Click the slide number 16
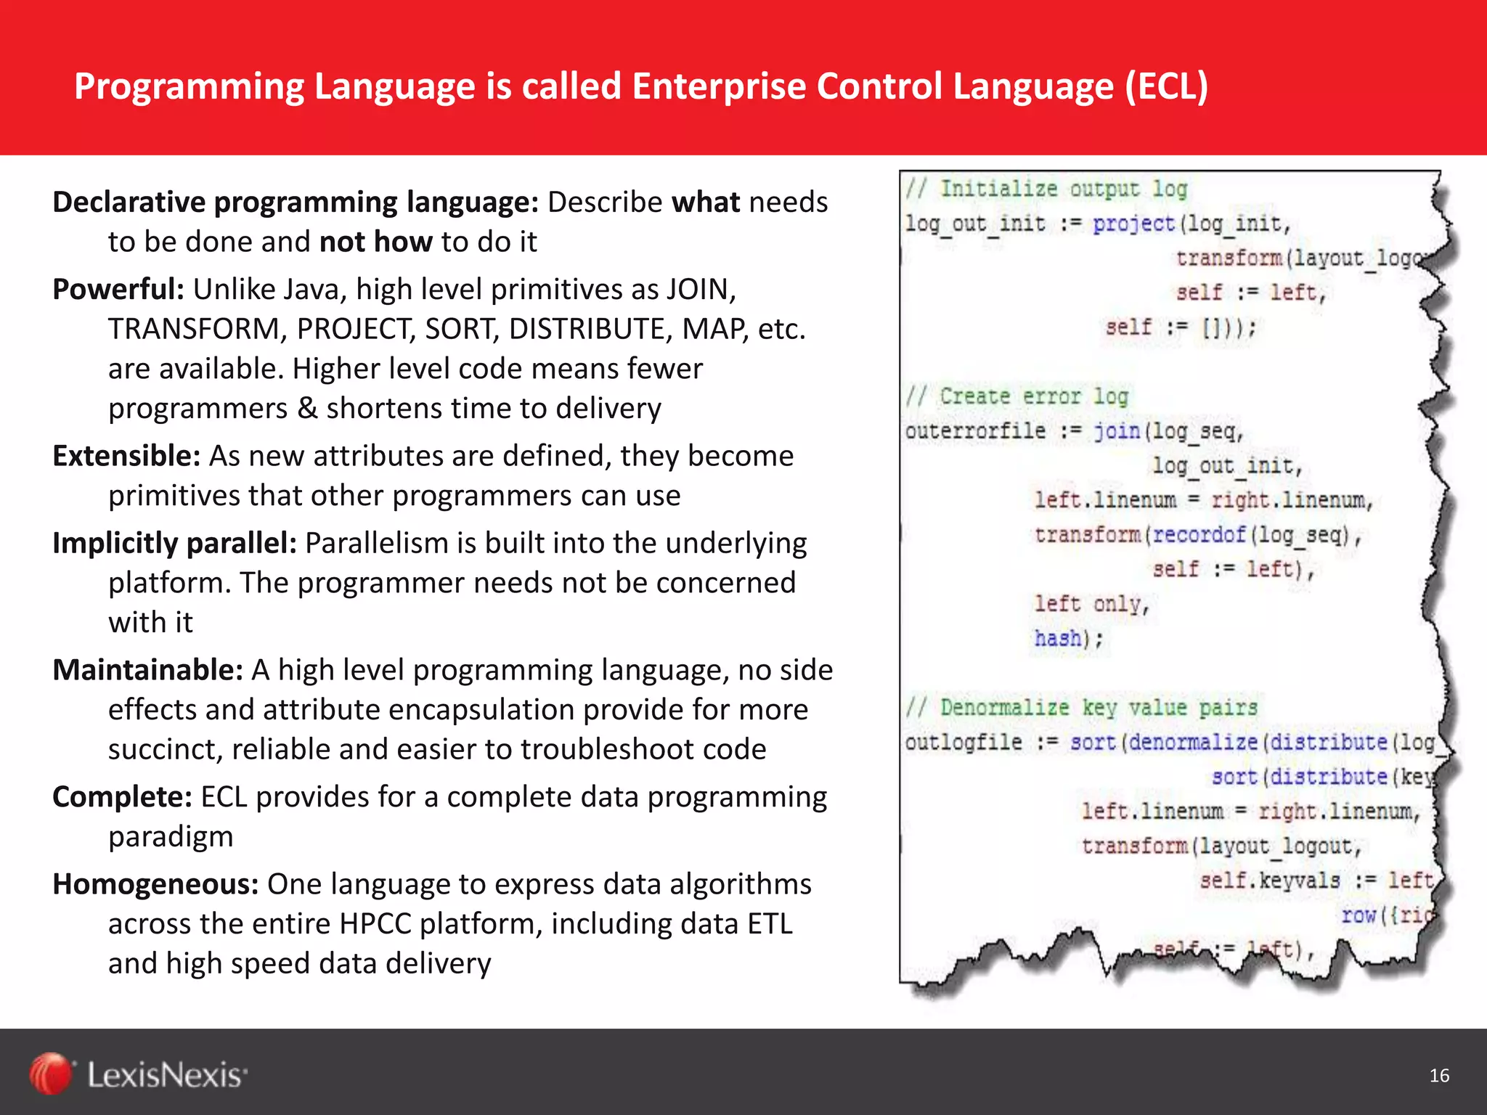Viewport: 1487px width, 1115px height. pos(1438,1075)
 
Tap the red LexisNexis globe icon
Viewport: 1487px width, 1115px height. pos(51,1074)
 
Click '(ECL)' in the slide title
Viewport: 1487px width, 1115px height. pos(1167,86)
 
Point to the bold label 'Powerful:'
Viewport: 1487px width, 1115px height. pos(118,289)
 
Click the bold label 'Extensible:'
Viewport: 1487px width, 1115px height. pos(126,456)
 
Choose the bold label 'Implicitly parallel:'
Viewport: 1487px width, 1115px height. pos(174,543)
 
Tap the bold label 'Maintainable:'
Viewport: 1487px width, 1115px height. pos(147,669)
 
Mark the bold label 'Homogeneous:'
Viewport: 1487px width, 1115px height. pos(155,883)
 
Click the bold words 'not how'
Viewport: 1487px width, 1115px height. pos(375,242)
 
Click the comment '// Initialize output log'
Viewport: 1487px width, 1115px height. pos(1046,189)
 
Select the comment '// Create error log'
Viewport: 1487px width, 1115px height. pos(1017,396)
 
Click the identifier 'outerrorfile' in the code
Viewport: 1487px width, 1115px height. pos(974,431)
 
